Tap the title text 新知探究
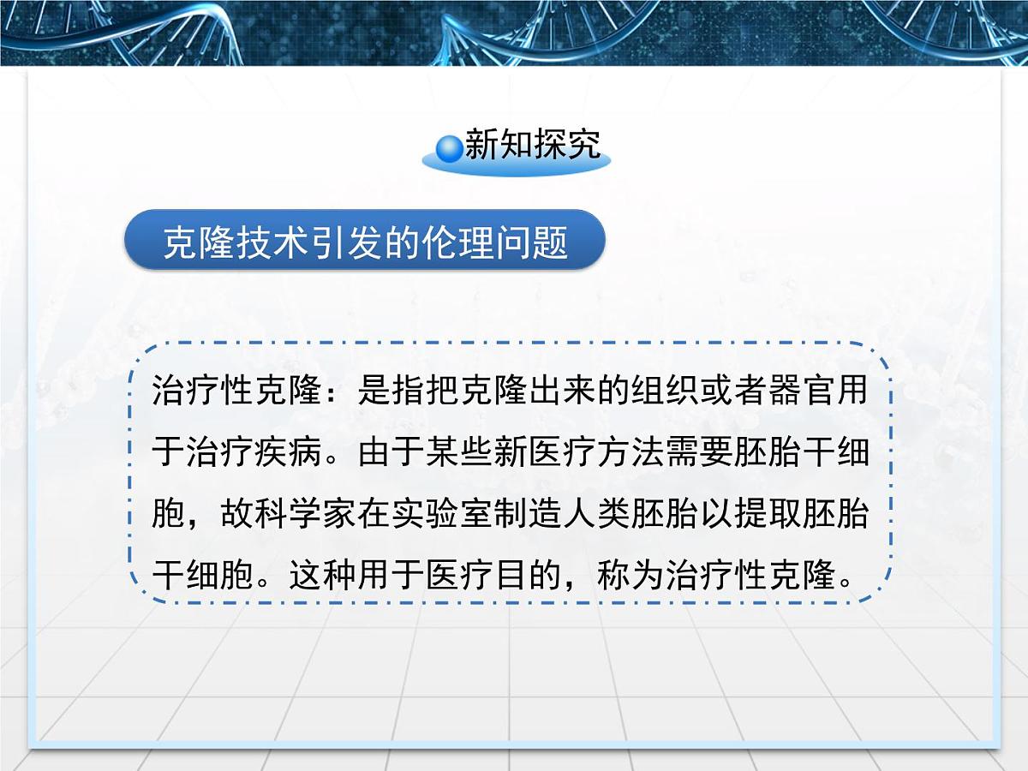532,146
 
